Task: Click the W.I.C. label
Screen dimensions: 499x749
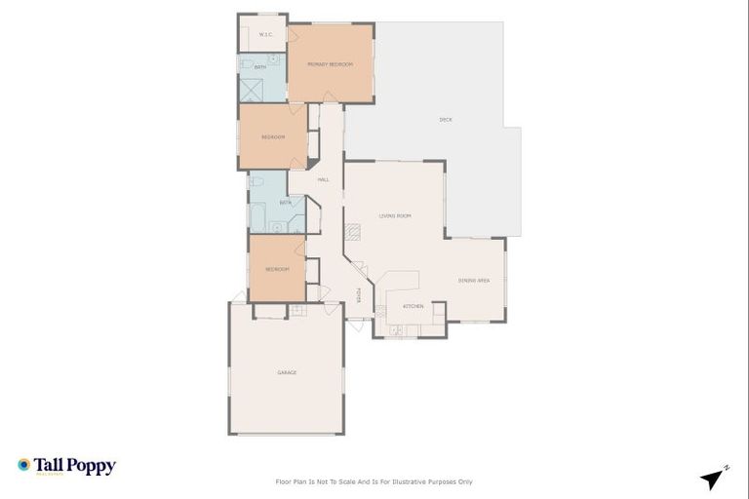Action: (x=264, y=35)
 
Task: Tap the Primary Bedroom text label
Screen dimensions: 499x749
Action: (x=330, y=64)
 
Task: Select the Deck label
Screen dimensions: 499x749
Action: (x=446, y=120)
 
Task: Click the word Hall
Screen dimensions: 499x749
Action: (x=323, y=179)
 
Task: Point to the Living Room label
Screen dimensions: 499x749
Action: (x=395, y=215)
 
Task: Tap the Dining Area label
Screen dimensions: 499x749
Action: (x=474, y=281)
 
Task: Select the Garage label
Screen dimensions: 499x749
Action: (x=287, y=372)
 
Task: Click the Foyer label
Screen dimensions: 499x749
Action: (x=358, y=295)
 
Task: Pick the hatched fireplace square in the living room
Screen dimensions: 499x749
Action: (x=352, y=232)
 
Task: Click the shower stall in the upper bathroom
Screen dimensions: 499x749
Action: (x=253, y=90)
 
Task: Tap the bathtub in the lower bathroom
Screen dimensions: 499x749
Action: (x=258, y=216)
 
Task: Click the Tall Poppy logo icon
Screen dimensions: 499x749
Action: (x=24, y=465)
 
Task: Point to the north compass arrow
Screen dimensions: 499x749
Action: (x=713, y=478)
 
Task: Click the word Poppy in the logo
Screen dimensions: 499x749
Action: (x=92, y=466)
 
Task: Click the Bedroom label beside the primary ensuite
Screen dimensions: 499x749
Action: (x=273, y=136)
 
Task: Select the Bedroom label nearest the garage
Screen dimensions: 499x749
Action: (x=277, y=269)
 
